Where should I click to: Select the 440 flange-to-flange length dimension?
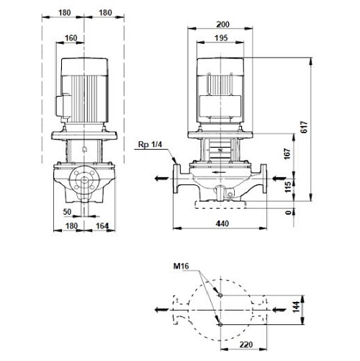(x=222, y=223)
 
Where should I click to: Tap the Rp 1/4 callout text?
(x=150, y=145)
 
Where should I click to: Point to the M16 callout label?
(x=181, y=266)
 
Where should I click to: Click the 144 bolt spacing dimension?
(x=297, y=307)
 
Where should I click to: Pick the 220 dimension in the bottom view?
(x=246, y=344)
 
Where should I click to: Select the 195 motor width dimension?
(x=221, y=38)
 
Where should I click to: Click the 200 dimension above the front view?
(x=222, y=24)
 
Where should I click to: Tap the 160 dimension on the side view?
(x=71, y=38)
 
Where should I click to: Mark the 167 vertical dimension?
(x=287, y=153)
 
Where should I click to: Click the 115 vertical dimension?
(x=287, y=187)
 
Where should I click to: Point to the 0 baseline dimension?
(x=289, y=213)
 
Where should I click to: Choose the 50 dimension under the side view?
(x=67, y=212)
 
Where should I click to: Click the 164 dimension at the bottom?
(x=102, y=226)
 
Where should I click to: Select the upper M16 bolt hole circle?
(x=220, y=295)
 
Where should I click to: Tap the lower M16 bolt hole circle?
(x=220, y=325)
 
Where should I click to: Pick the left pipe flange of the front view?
(x=177, y=179)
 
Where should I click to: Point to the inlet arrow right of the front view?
(x=279, y=179)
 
